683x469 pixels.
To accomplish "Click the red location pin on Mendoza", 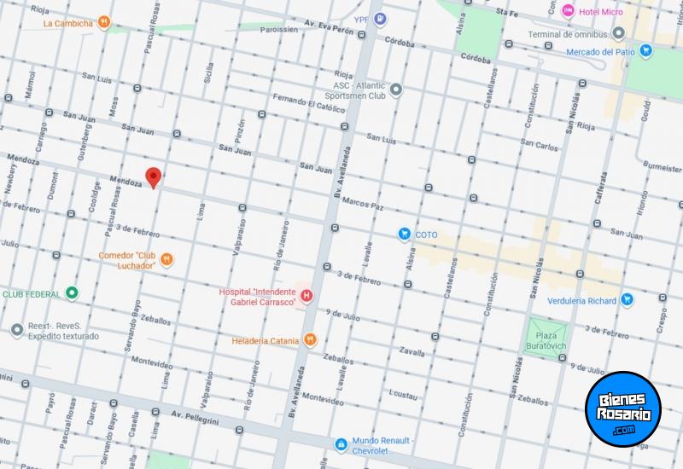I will coord(154,177).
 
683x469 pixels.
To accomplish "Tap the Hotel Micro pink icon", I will coord(569,10).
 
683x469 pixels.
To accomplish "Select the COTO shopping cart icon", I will coord(405,234).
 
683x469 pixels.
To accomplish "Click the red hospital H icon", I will coord(306,296).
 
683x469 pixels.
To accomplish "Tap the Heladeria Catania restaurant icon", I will coord(311,340).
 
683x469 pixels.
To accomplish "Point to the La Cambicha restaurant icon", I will coord(103,22).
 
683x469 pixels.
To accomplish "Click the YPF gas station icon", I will coord(381,18).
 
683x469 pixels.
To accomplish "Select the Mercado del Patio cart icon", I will coord(646,51).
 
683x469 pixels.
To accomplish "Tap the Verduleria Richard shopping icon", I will coord(628,299).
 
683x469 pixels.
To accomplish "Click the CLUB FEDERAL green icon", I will coord(73,293).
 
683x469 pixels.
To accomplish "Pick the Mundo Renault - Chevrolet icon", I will coord(341,443).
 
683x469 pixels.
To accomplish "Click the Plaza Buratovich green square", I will coord(545,333).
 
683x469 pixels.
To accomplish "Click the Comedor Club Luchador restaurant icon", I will coord(167,259).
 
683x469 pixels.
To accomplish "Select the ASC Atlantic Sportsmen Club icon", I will coord(396,90).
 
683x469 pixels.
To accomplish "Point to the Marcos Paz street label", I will coord(362,206).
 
